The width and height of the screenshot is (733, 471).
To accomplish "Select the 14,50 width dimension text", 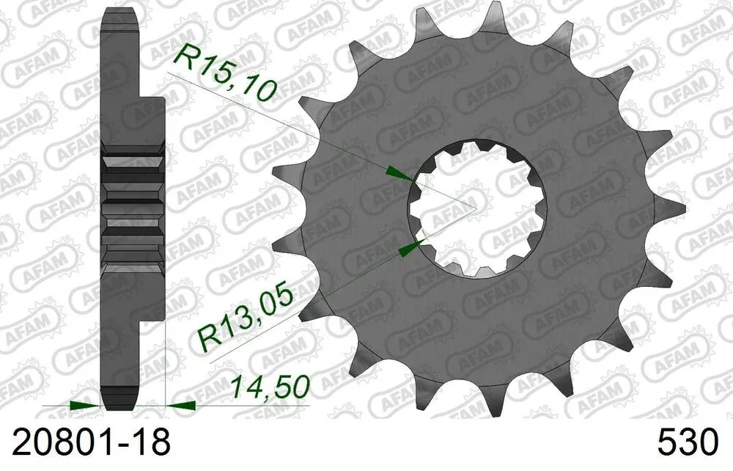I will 270,387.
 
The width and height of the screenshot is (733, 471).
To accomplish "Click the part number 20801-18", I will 88,442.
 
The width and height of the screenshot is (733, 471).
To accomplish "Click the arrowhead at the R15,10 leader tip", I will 399,174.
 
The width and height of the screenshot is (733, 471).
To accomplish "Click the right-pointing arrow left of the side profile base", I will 84,404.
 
